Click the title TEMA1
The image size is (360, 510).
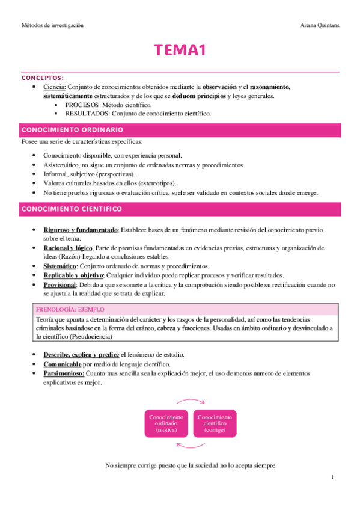tap(180, 51)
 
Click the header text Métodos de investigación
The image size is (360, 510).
tap(52, 26)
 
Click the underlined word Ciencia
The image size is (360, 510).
tap(54, 87)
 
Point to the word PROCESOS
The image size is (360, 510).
tap(82, 105)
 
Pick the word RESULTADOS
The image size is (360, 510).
tap(85, 114)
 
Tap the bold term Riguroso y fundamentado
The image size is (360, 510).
tap(80, 230)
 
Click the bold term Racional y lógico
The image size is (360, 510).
tap(68, 248)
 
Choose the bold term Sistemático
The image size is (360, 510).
tap(59, 266)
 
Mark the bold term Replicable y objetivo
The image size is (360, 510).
tap(74, 275)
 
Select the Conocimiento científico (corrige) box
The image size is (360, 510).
tap(215, 424)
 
